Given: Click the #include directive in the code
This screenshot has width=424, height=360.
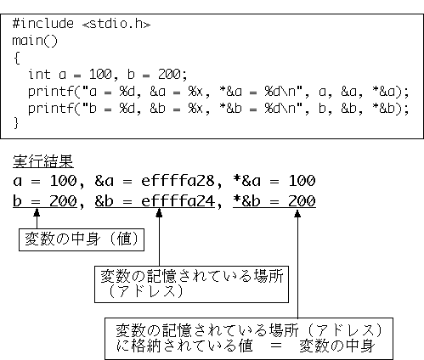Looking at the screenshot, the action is coord(43,23).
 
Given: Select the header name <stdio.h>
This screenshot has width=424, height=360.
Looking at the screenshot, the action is coord(116,24).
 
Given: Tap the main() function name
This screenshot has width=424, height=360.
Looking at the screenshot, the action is coord(35,41).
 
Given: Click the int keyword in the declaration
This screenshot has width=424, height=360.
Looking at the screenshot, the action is coord(39,75).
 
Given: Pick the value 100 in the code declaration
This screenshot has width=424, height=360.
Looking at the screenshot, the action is coord(100,74).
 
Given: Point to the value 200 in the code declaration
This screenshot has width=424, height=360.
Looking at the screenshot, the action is coord(169,74).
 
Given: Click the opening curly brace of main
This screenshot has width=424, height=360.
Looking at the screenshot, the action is coord(16,58).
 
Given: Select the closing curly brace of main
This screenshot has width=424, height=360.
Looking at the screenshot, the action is coord(16,123).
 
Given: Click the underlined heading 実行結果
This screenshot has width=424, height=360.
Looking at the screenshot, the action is coord(43,161).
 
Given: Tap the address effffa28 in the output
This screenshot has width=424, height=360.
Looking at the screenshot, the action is coord(178,181).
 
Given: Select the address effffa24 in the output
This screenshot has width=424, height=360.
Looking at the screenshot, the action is coord(178,201).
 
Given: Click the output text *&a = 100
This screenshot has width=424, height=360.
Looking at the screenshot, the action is coord(274,181).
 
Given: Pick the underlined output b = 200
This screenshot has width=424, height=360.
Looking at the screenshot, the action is coord(45,201).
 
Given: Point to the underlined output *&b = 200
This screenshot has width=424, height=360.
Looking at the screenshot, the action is coord(274,201).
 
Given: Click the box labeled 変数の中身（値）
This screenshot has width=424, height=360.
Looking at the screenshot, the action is coord(82,239).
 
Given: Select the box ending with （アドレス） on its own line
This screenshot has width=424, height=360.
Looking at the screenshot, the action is coord(191,284).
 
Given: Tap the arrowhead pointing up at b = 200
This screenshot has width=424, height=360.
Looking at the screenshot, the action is coord(37,213).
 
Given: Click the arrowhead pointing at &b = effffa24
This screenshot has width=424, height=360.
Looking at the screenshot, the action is coord(159,213).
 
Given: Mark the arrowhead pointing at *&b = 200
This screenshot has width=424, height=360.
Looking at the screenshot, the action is coord(297,213).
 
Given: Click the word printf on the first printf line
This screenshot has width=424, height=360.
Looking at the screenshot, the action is coord(51,92).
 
